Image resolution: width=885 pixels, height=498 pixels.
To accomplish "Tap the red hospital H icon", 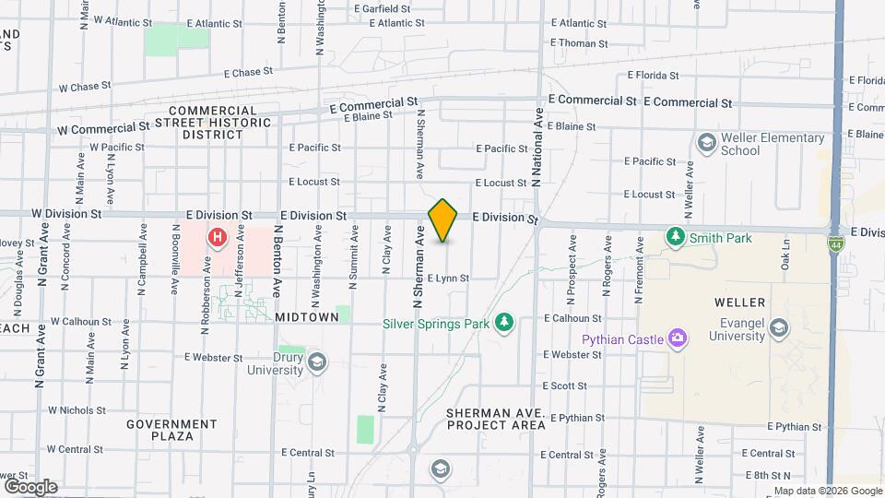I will pyautogui.click(x=218, y=238).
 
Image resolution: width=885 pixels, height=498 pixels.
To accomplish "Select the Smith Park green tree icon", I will pyautogui.click(x=677, y=237).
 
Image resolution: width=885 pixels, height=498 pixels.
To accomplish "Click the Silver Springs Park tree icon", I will pyautogui.click(x=503, y=322).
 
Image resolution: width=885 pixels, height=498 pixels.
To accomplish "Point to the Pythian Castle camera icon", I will pyautogui.click(x=678, y=338).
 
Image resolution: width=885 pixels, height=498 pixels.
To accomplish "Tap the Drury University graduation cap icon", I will pyautogui.click(x=317, y=361).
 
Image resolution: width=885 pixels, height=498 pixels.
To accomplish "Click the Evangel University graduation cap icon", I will pyautogui.click(x=780, y=328).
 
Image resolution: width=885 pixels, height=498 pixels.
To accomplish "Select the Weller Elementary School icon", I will pyautogui.click(x=706, y=142).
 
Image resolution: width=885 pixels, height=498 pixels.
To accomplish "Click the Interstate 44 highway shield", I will pyautogui.click(x=834, y=244).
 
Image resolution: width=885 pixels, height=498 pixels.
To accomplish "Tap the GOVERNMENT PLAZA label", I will pyautogui.click(x=171, y=430).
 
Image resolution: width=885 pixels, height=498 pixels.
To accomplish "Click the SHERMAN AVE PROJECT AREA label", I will pyautogui.click(x=496, y=419).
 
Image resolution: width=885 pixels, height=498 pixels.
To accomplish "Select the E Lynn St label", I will pyautogui.click(x=449, y=278).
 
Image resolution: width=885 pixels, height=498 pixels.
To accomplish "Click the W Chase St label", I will pyautogui.click(x=85, y=87).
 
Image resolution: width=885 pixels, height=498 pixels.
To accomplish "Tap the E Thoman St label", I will pyautogui.click(x=579, y=43).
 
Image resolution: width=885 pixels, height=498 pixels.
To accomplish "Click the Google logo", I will pyautogui.click(x=30, y=486).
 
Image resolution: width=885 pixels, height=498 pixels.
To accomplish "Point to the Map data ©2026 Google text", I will pyautogui.click(x=827, y=491).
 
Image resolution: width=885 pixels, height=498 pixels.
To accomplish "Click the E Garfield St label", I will pyautogui.click(x=387, y=9).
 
